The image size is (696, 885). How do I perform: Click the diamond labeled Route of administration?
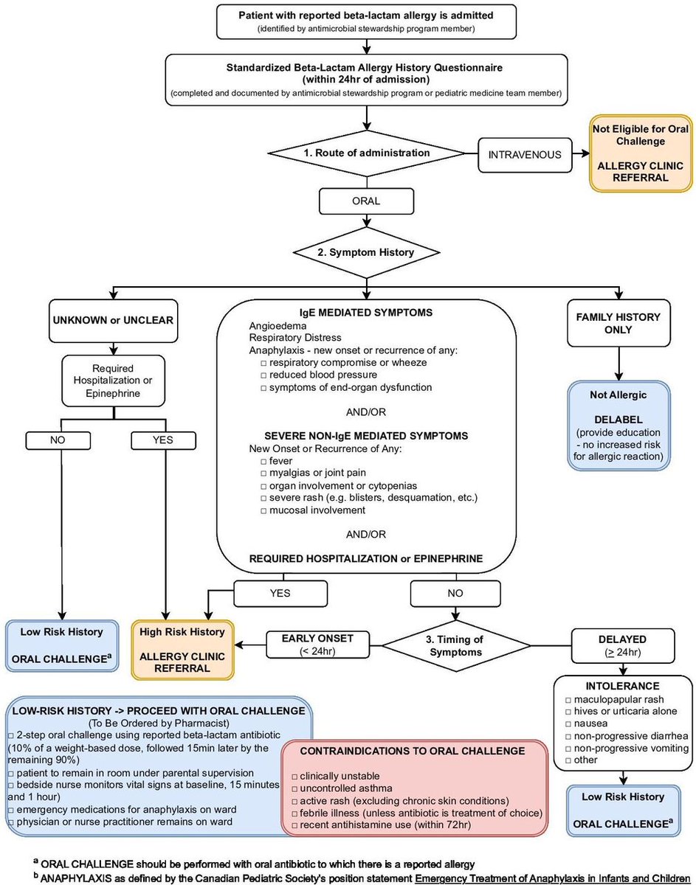click(x=366, y=153)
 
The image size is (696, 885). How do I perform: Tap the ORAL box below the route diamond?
click(x=366, y=200)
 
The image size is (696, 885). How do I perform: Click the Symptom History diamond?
click(x=366, y=251)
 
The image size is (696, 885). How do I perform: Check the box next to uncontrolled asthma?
click(x=294, y=788)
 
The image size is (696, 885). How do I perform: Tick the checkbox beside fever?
click(x=263, y=459)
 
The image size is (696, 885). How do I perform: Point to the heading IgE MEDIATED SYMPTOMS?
click(x=366, y=312)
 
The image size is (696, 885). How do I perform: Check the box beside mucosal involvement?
click(x=263, y=510)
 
